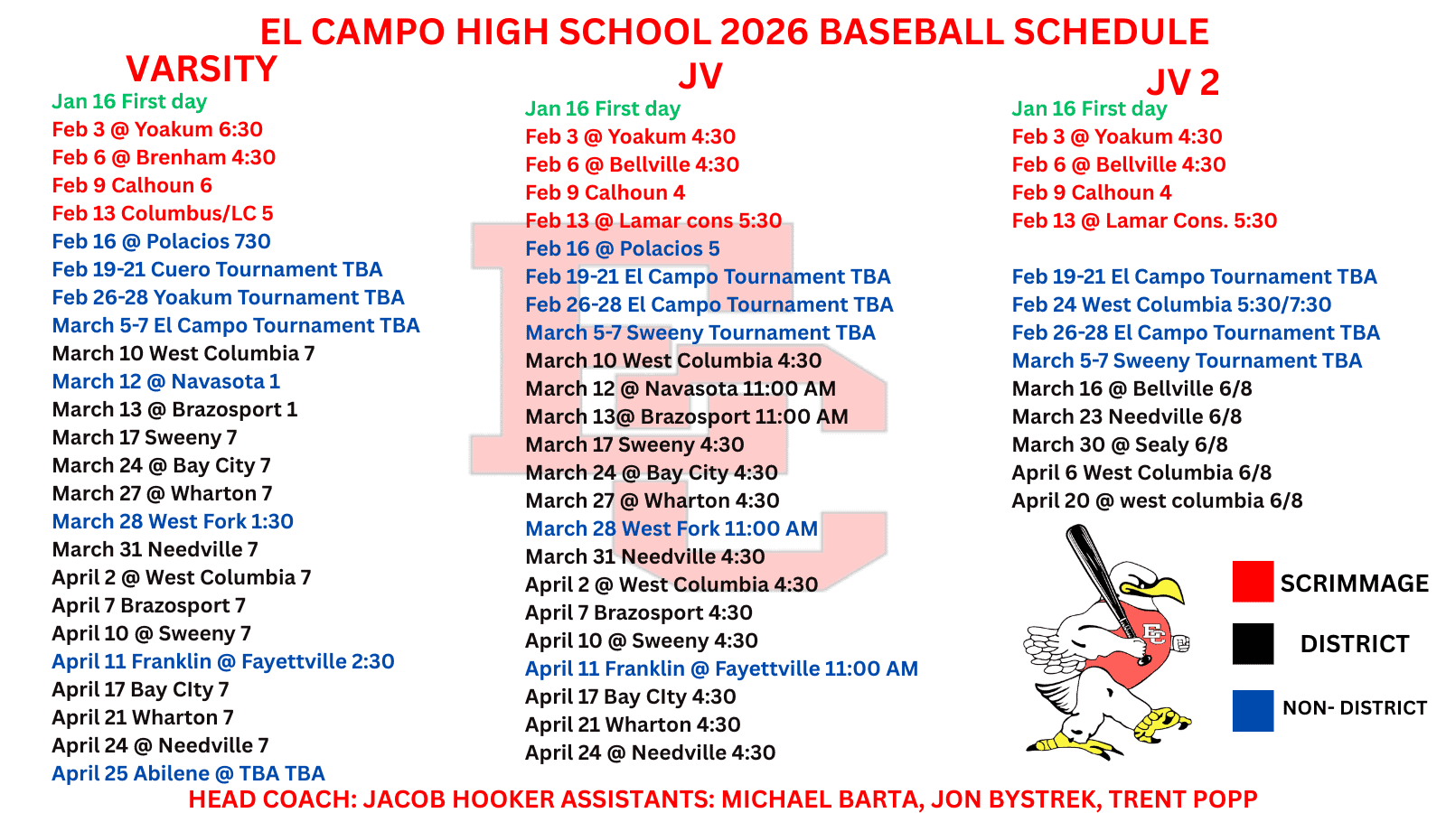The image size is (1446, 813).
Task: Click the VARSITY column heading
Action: [202, 69]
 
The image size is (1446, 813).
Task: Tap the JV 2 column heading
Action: [1183, 82]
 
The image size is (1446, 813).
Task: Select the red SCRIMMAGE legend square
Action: [1253, 582]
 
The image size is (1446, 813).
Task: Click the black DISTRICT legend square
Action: [1253, 643]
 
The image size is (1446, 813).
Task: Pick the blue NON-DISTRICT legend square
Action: [1253, 710]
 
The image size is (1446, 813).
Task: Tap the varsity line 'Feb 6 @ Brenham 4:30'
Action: [164, 157]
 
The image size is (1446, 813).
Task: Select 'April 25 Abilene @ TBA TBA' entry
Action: [188, 773]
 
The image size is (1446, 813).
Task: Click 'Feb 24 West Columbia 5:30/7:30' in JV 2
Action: [1171, 304]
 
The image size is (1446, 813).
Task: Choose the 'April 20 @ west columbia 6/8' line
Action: [1157, 500]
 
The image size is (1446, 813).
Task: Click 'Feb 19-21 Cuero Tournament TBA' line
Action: [217, 269]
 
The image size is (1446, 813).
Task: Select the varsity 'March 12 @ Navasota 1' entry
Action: [166, 381]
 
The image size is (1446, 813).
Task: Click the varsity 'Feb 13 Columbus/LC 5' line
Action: [162, 213]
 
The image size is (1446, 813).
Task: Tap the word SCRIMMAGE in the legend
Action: [1355, 584]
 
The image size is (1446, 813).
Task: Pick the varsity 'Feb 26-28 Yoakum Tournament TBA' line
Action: [228, 297]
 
